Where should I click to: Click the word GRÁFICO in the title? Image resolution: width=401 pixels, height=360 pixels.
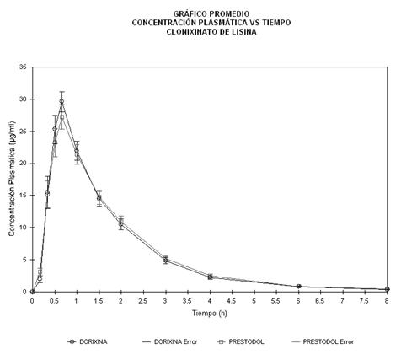point(187,13)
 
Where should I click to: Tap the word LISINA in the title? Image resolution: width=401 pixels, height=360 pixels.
point(243,32)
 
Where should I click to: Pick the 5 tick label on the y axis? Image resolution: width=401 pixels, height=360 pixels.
point(24,260)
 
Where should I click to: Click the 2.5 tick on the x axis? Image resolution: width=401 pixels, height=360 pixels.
point(143,301)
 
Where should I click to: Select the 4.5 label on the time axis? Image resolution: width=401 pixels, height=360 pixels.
point(232,301)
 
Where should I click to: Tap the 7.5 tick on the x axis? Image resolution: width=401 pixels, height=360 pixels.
point(365,301)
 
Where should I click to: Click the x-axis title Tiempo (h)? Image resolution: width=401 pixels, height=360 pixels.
point(210,313)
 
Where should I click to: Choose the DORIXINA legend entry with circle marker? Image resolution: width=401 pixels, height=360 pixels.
point(88,341)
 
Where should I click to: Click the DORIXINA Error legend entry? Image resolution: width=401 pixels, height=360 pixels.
point(170,341)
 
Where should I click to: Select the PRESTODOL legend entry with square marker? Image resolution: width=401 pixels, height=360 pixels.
point(241,341)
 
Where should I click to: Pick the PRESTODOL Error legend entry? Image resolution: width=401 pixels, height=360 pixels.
point(323,341)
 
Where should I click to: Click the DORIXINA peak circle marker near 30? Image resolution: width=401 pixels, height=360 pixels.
point(61,102)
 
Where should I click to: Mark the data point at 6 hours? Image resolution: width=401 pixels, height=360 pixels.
point(298,286)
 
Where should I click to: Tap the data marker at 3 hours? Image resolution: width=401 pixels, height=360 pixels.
point(166,261)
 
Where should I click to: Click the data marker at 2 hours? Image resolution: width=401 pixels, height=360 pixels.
point(121,223)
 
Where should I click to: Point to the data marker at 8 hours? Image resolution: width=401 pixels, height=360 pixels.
point(388,289)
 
